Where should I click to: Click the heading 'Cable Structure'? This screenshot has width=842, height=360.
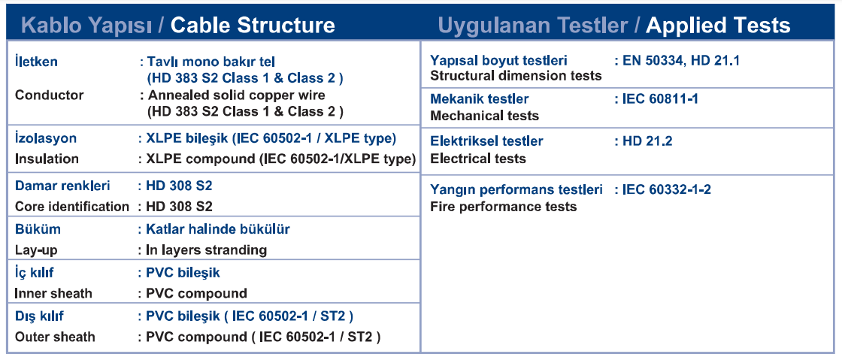[x=253, y=26]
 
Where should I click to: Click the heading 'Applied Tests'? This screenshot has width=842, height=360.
[x=718, y=26]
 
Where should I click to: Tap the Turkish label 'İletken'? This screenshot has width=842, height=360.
[x=36, y=61]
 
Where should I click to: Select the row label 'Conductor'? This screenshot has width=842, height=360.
[x=50, y=95]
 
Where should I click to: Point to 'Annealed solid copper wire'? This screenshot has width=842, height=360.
[x=236, y=95]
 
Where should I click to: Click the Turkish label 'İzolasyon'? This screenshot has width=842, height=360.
[x=46, y=138]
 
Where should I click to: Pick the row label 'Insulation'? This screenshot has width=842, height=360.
[x=47, y=159]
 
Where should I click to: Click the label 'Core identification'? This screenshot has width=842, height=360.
[x=72, y=207]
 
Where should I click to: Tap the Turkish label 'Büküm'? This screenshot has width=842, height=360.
[x=38, y=229]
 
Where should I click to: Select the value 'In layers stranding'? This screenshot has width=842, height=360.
[x=207, y=250]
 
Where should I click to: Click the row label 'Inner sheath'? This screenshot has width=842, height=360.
[x=53, y=293]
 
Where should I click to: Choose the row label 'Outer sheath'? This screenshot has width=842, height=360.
[x=55, y=337]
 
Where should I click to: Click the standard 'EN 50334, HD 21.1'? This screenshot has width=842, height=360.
[x=681, y=61]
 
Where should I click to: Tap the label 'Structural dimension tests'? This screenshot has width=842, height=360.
[x=516, y=76]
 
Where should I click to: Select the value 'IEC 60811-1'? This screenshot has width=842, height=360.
[x=661, y=98]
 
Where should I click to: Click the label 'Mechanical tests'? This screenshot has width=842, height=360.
[x=484, y=115]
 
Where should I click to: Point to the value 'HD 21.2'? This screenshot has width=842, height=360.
[x=647, y=141]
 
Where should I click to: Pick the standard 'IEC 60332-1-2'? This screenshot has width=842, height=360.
[x=667, y=189]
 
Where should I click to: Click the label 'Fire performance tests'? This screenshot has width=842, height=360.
[x=504, y=207]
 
